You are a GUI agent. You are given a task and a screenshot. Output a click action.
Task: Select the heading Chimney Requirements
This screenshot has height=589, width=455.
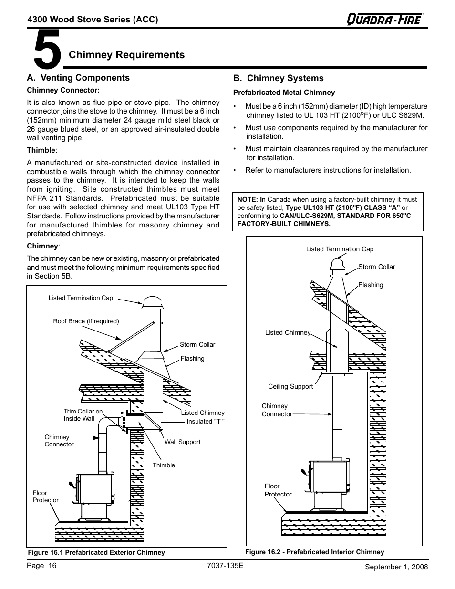[127, 55]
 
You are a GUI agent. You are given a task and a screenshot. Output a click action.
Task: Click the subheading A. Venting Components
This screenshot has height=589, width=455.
[78, 78]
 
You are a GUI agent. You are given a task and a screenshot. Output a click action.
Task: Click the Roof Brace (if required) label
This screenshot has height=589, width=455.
[86, 321]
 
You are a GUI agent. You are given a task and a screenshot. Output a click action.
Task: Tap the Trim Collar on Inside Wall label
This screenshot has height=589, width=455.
[83, 415]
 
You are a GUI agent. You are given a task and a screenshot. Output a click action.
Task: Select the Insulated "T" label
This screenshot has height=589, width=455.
[205, 422]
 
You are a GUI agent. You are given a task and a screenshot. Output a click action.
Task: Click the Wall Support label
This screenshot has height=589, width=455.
[182, 442]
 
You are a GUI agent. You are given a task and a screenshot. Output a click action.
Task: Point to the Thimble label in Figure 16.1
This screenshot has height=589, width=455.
[164, 465]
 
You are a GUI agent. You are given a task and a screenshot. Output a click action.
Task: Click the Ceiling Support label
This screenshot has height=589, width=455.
[290, 387]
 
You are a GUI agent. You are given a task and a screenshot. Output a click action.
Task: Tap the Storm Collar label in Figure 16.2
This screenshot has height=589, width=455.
[376, 267]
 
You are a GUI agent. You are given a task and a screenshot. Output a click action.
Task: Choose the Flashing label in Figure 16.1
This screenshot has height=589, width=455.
[192, 359]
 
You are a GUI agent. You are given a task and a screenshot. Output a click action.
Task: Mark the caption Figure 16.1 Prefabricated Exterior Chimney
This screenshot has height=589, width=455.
[96, 553]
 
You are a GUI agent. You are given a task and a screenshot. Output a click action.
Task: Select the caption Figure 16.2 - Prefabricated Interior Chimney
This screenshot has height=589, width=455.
[314, 552]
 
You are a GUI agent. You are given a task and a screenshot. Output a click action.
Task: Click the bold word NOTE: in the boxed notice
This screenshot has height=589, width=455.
[248, 200]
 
